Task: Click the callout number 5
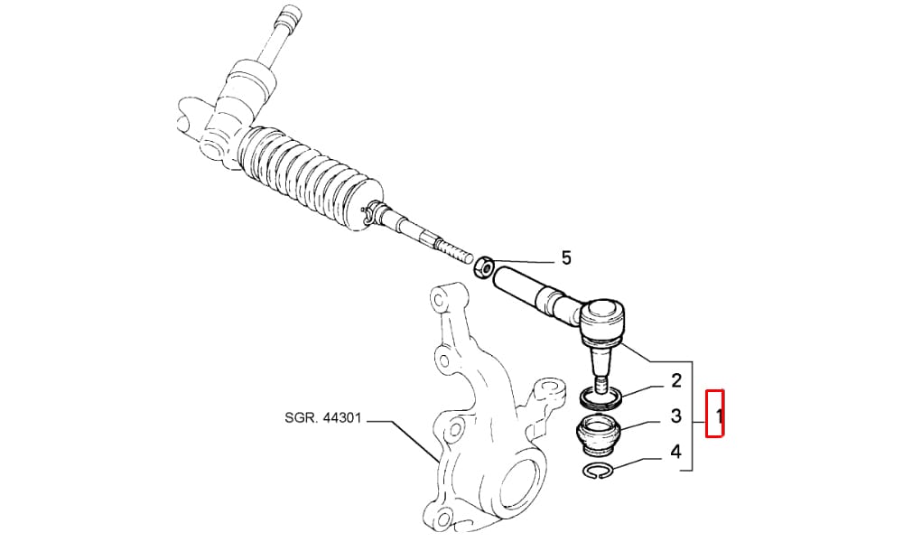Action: [x=566, y=257]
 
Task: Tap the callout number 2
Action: [x=675, y=380]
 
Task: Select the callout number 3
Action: [x=675, y=416]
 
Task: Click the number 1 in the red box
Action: [x=718, y=416]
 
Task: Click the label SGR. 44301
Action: [x=322, y=417]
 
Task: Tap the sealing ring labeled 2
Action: [x=600, y=397]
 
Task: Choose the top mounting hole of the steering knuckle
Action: [x=438, y=300]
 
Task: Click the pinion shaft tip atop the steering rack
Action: [x=285, y=19]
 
